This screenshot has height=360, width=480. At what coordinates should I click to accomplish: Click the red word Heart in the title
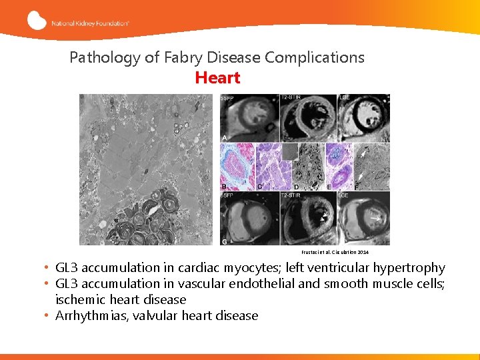(x=217, y=78)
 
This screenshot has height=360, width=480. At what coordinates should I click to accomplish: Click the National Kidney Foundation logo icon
(x=37, y=21)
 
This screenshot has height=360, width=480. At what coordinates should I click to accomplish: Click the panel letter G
(x=224, y=240)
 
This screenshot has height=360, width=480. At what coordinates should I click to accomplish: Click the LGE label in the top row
(x=345, y=98)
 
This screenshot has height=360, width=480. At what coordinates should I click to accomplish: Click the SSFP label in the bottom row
(x=227, y=196)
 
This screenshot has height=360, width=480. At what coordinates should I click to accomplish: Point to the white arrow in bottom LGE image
(x=377, y=217)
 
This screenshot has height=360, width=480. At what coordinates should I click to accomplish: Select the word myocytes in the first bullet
(x=250, y=268)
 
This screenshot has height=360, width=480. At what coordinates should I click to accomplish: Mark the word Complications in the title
(x=315, y=57)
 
